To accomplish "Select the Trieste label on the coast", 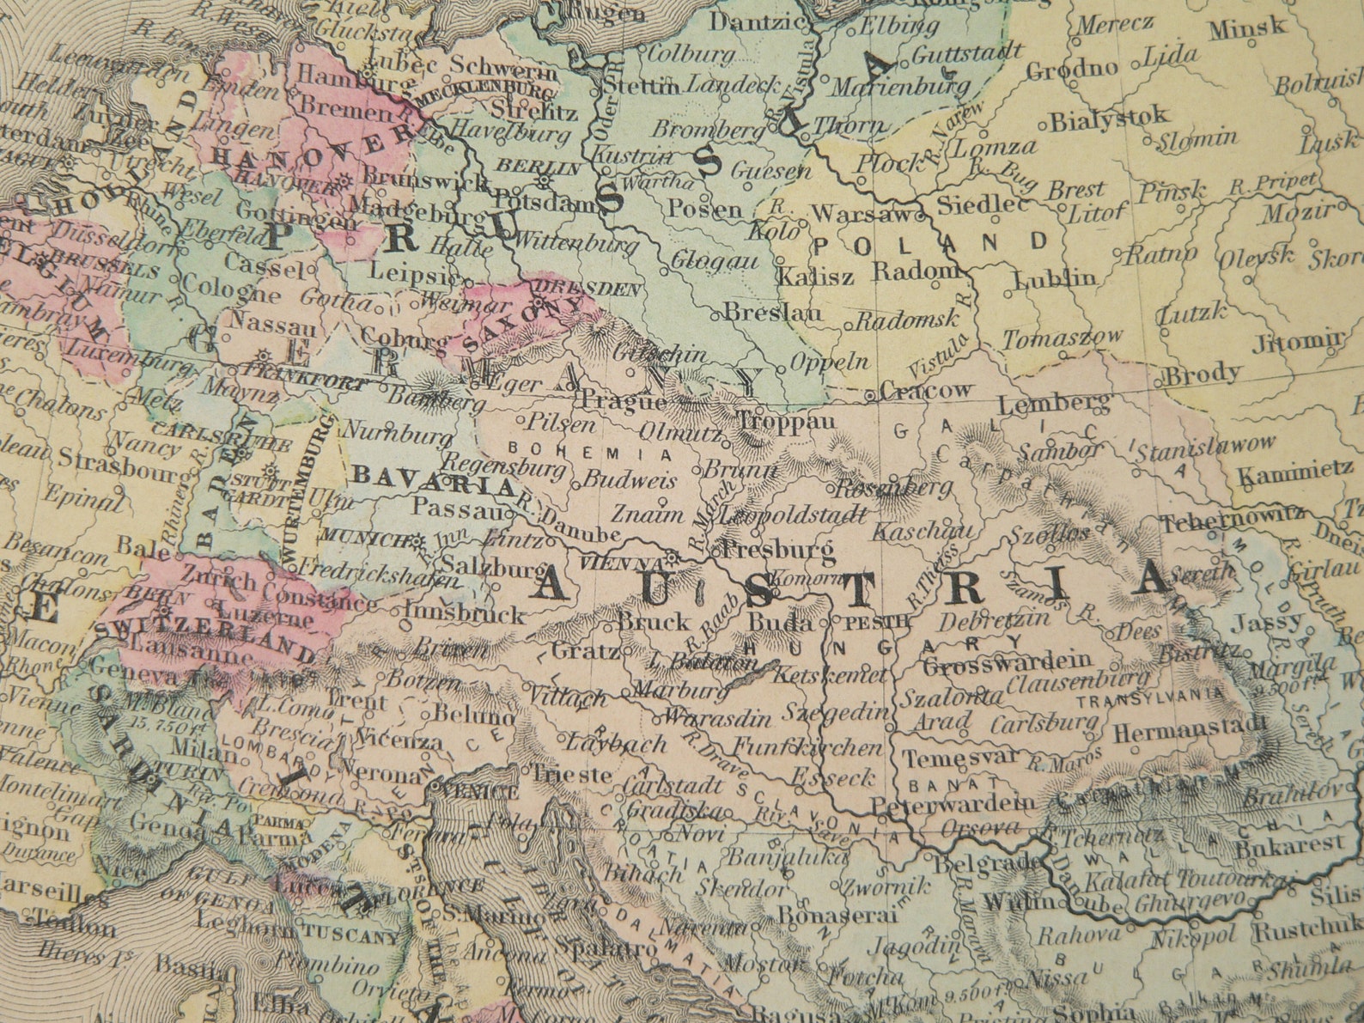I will [x=572, y=774].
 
